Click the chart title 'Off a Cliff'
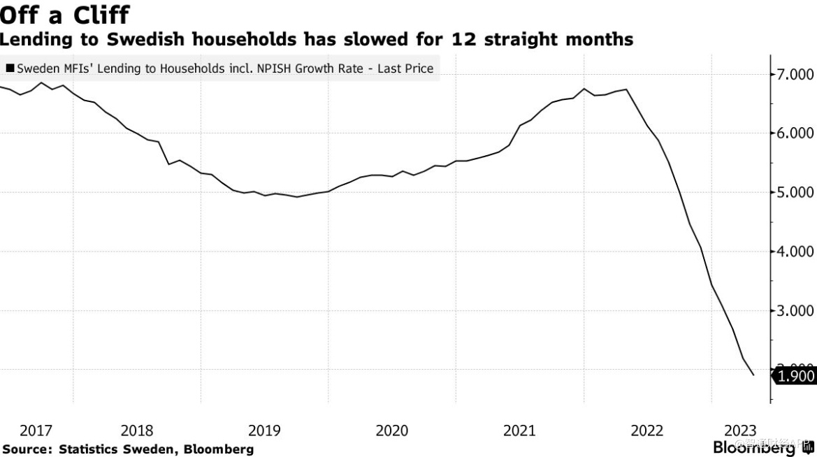point(65,14)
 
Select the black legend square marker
point(10,68)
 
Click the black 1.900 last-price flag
point(795,376)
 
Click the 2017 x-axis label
point(36,430)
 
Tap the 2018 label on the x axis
point(137,430)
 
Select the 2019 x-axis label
point(265,430)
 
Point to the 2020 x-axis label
point(392,430)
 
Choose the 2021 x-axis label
point(520,430)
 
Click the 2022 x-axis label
point(647,430)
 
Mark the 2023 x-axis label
point(740,430)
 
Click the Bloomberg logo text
point(754,448)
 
